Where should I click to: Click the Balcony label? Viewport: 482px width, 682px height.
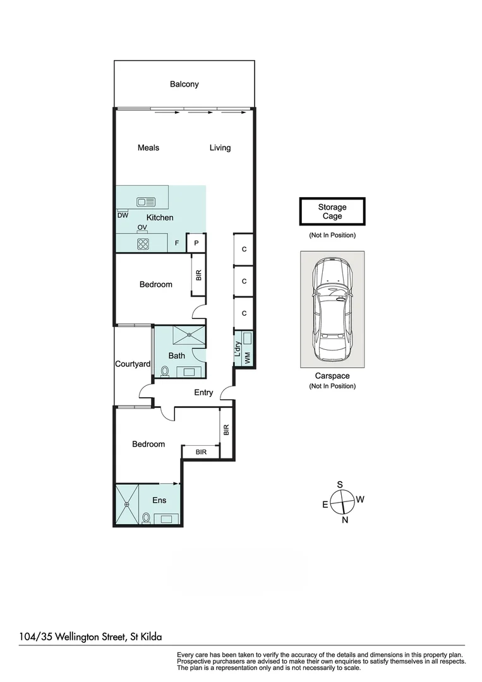pos(184,84)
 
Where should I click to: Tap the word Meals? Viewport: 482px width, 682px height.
pos(148,148)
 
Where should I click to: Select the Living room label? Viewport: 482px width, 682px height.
pos(220,148)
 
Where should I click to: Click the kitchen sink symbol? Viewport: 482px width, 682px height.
pos(146,202)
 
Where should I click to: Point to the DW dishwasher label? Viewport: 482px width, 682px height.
pos(123,215)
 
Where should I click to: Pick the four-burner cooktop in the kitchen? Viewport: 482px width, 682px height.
pos(143,243)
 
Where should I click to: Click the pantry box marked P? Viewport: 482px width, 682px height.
pos(196,242)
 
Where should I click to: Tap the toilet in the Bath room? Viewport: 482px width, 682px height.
pos(165,371)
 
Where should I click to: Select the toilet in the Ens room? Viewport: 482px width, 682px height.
pos(147,518)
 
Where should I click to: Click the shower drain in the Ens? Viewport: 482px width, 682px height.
pos(127,505)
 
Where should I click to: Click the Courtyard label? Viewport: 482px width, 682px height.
pos(133,364)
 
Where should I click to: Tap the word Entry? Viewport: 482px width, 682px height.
pos(203,392)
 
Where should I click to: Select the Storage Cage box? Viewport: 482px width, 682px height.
pos(332,212)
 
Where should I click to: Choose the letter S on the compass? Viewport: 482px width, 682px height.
pos(340,484)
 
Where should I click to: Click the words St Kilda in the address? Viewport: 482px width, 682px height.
pos(150,637)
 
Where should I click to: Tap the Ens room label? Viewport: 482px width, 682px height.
pos(159,500)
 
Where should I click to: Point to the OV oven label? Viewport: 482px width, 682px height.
pos(142,227)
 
